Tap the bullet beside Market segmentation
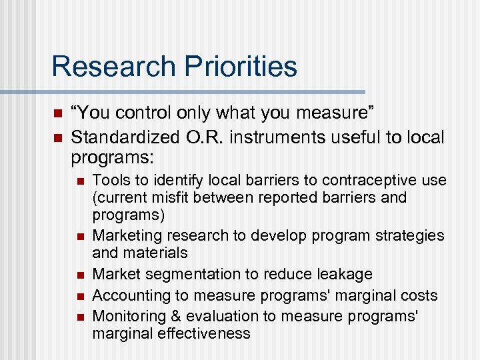pyautogui.click(x=79, y=275)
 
